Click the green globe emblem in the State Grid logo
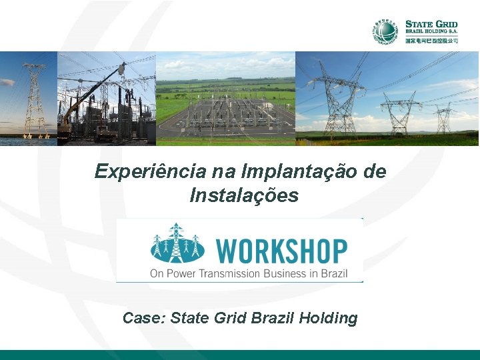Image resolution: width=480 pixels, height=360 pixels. click(x=385, y=31)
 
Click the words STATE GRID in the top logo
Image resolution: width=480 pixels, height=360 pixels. click(x=431, y=25)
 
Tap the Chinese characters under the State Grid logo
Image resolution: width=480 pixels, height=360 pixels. click(x=431, y=41)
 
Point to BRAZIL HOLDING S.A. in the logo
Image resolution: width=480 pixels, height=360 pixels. click(x=431, y=33)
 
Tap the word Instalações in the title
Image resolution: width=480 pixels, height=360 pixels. click(x=244, y=196)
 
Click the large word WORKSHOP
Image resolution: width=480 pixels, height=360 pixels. click(x=281, y=252)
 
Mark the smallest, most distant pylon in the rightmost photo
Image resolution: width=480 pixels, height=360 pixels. click(x=443, y=118)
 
